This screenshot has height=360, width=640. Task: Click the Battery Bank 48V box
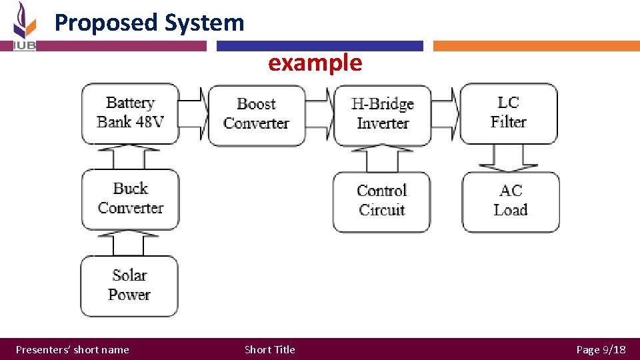(x=130, y=113)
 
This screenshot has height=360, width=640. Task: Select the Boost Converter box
(x=257, y=114)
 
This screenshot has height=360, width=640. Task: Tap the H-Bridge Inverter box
(x=382, y=114)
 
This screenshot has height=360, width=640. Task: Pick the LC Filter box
(x=509, y=113)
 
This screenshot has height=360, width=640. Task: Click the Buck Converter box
(x=130, y=199)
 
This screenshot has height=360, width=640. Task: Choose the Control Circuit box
(x=381, y=201)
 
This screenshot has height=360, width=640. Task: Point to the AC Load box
(x=511, y=201)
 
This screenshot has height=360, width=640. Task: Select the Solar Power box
(x=129, y=285)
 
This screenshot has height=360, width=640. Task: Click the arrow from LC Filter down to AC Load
(x=510, y=158)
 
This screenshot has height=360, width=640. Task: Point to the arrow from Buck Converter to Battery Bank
(x=130, y=157)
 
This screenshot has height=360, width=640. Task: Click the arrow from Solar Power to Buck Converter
(x=130, y=243)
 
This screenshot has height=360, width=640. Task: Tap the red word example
(x=315, y=63)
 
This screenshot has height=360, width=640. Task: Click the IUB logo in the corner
(x=25, y=27)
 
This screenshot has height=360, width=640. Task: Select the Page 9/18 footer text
(x=601, y=349)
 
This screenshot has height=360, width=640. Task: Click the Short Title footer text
(x=269, y=349)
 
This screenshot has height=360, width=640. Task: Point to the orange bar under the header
(x=536, y=46)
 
